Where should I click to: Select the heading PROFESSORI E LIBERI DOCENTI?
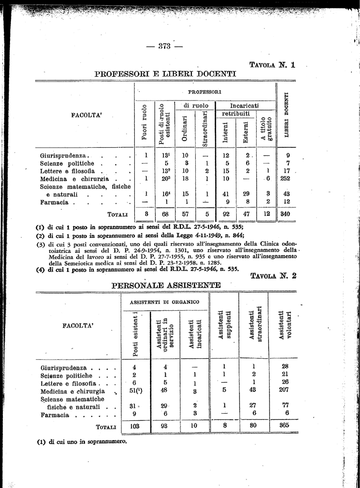165,74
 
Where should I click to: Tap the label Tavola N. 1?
273,65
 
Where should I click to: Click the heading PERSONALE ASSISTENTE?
166,285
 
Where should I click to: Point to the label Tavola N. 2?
273,275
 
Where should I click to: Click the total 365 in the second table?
285,426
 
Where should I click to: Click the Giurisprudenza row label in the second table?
64,367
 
